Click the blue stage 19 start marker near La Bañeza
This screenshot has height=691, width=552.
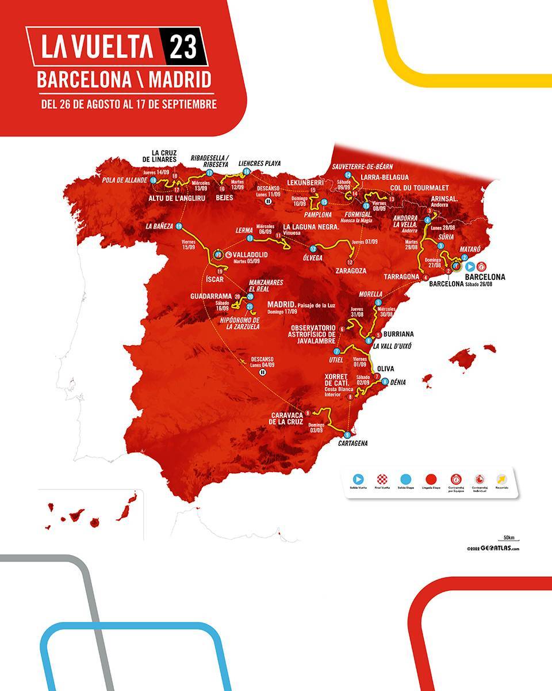[x=179, y=226]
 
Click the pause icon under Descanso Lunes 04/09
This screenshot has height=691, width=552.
[x=262, y=373]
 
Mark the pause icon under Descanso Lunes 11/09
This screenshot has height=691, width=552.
[x=269, y=202]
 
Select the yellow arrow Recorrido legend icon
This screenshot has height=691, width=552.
[x=501, y=479]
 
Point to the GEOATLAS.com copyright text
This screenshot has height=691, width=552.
[x=494, y=549]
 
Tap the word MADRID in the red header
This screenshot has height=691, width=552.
[x=179, y=79]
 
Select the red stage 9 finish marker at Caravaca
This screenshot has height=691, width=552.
[x=308, y=412]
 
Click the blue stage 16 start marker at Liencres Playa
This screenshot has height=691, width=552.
[x=246, y=171]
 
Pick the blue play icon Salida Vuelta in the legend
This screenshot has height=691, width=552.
[x=358, y=479]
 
